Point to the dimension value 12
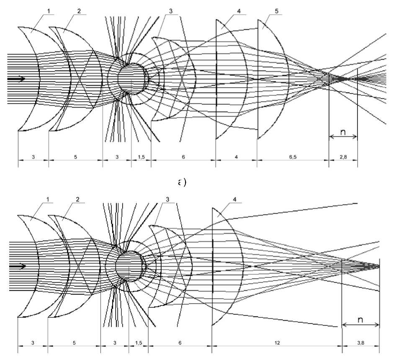(277, 342)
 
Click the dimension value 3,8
(361, 342)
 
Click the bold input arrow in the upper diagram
(19, 79)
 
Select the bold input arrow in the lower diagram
(19, 266)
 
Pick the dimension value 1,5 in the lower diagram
(139, 342)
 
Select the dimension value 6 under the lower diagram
(180, 342)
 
